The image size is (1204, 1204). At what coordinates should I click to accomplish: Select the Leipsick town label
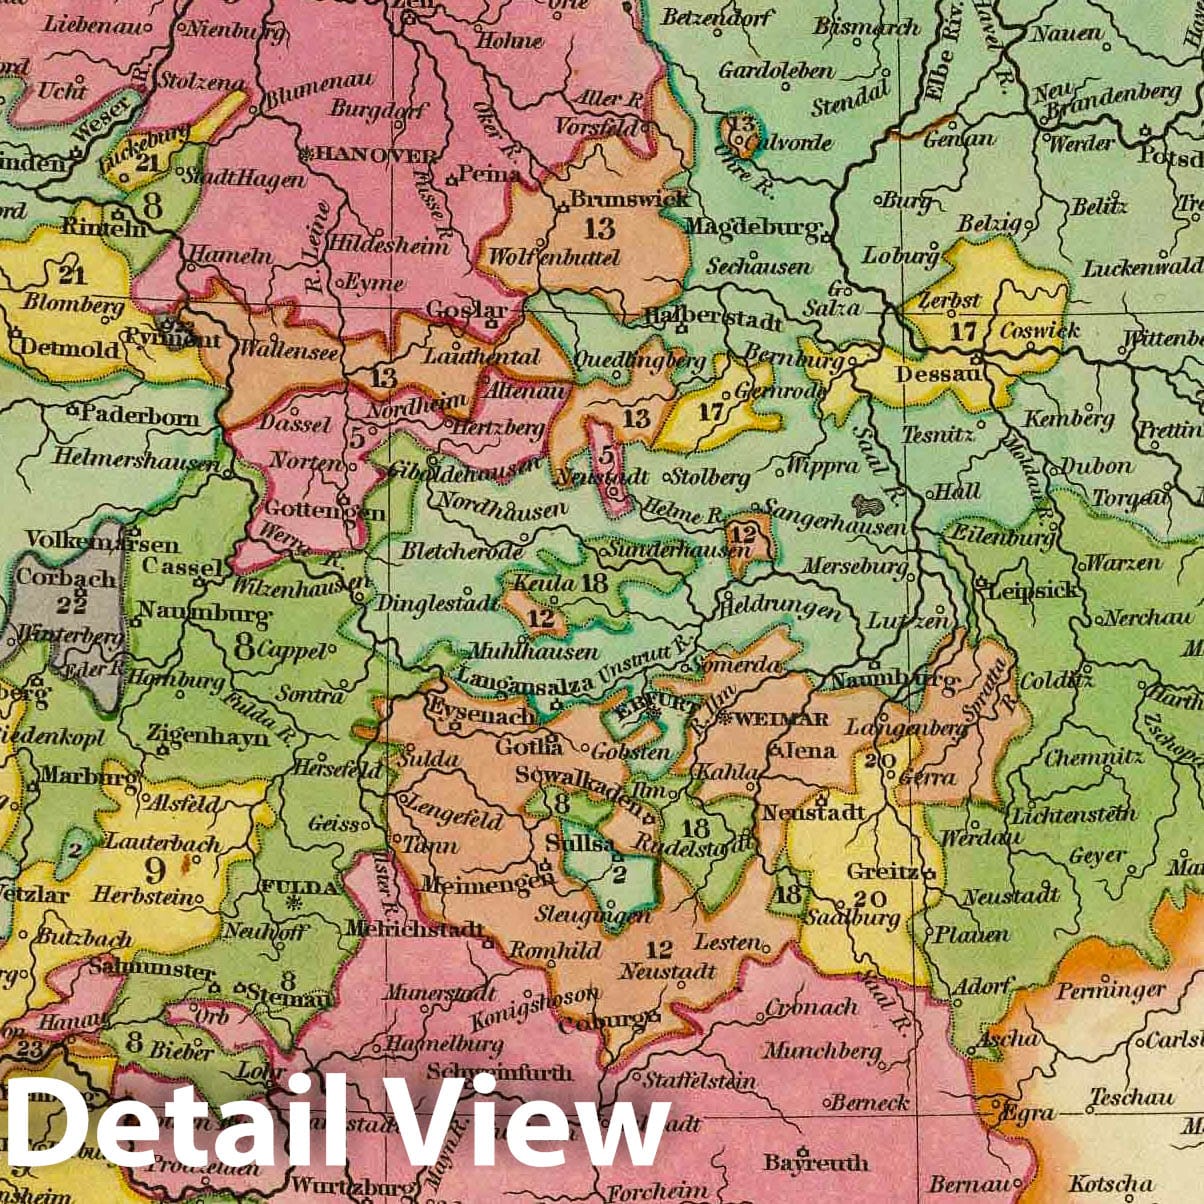pyautogui.click(x=1033, y=590)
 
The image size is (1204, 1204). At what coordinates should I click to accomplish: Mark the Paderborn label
pyautogui.click(x=140, y=413)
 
